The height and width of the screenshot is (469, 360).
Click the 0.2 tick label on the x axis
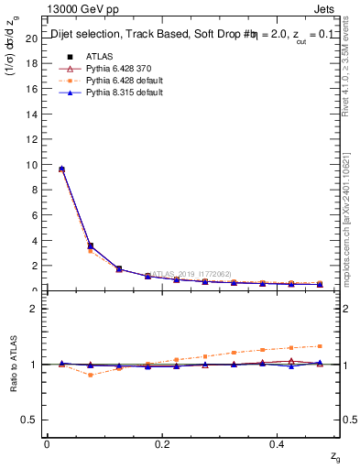(162, 444)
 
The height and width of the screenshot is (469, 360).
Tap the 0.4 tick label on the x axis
(278, 444)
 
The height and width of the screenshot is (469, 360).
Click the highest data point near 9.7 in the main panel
(61, 169)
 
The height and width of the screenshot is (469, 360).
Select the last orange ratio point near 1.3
(320, 346)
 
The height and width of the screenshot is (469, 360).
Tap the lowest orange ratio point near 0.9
(90, 375)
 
